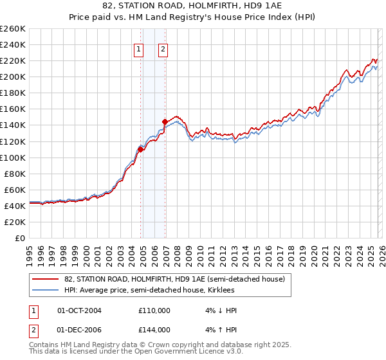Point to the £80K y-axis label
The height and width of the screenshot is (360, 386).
14,174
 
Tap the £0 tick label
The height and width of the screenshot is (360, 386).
19,238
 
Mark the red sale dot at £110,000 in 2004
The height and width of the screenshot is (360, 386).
140,149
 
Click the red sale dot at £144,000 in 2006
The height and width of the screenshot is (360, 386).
165,122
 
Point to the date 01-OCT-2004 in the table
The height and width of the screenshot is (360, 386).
79,310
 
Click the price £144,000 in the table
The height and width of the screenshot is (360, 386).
154,330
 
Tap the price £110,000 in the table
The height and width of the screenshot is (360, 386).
154,310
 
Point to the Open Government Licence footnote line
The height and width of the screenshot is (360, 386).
136,352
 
